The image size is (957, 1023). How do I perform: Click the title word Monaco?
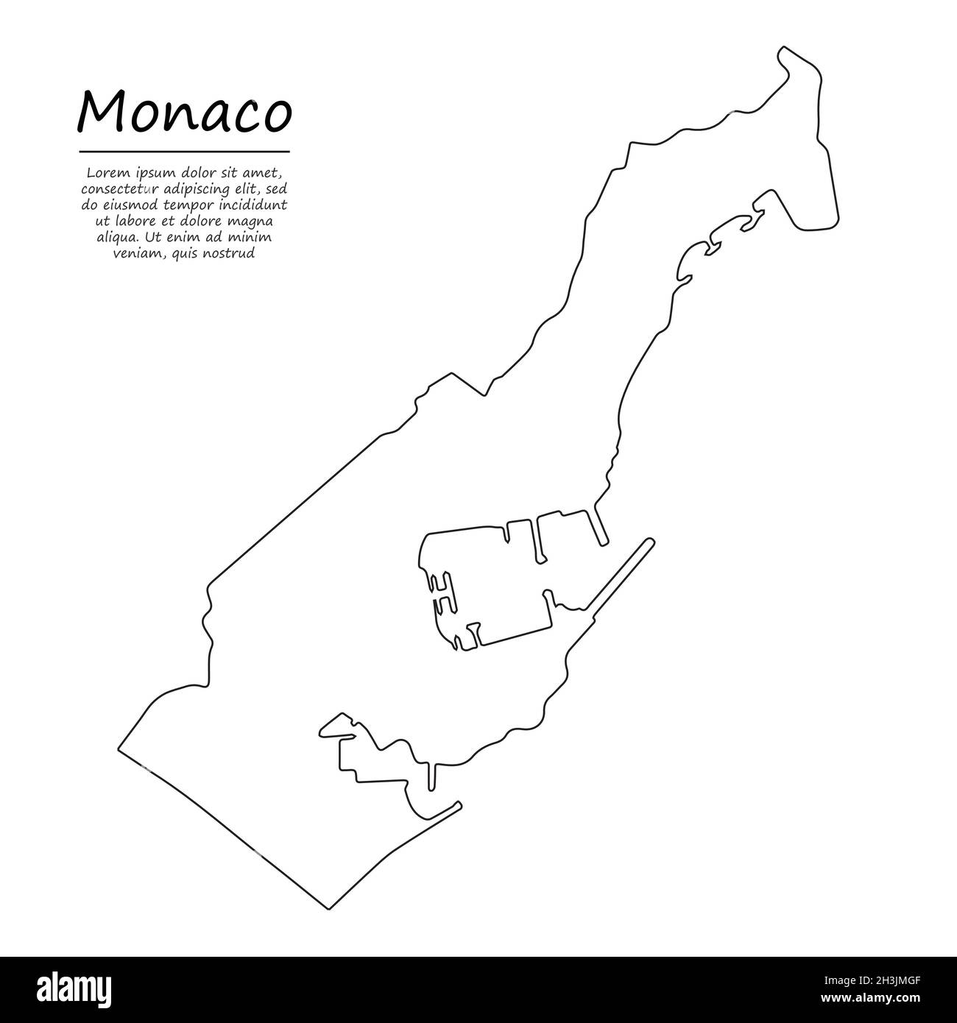[185, 113]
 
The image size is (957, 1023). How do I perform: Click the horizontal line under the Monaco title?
[184, 152]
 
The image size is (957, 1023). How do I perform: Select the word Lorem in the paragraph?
[105, 174]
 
